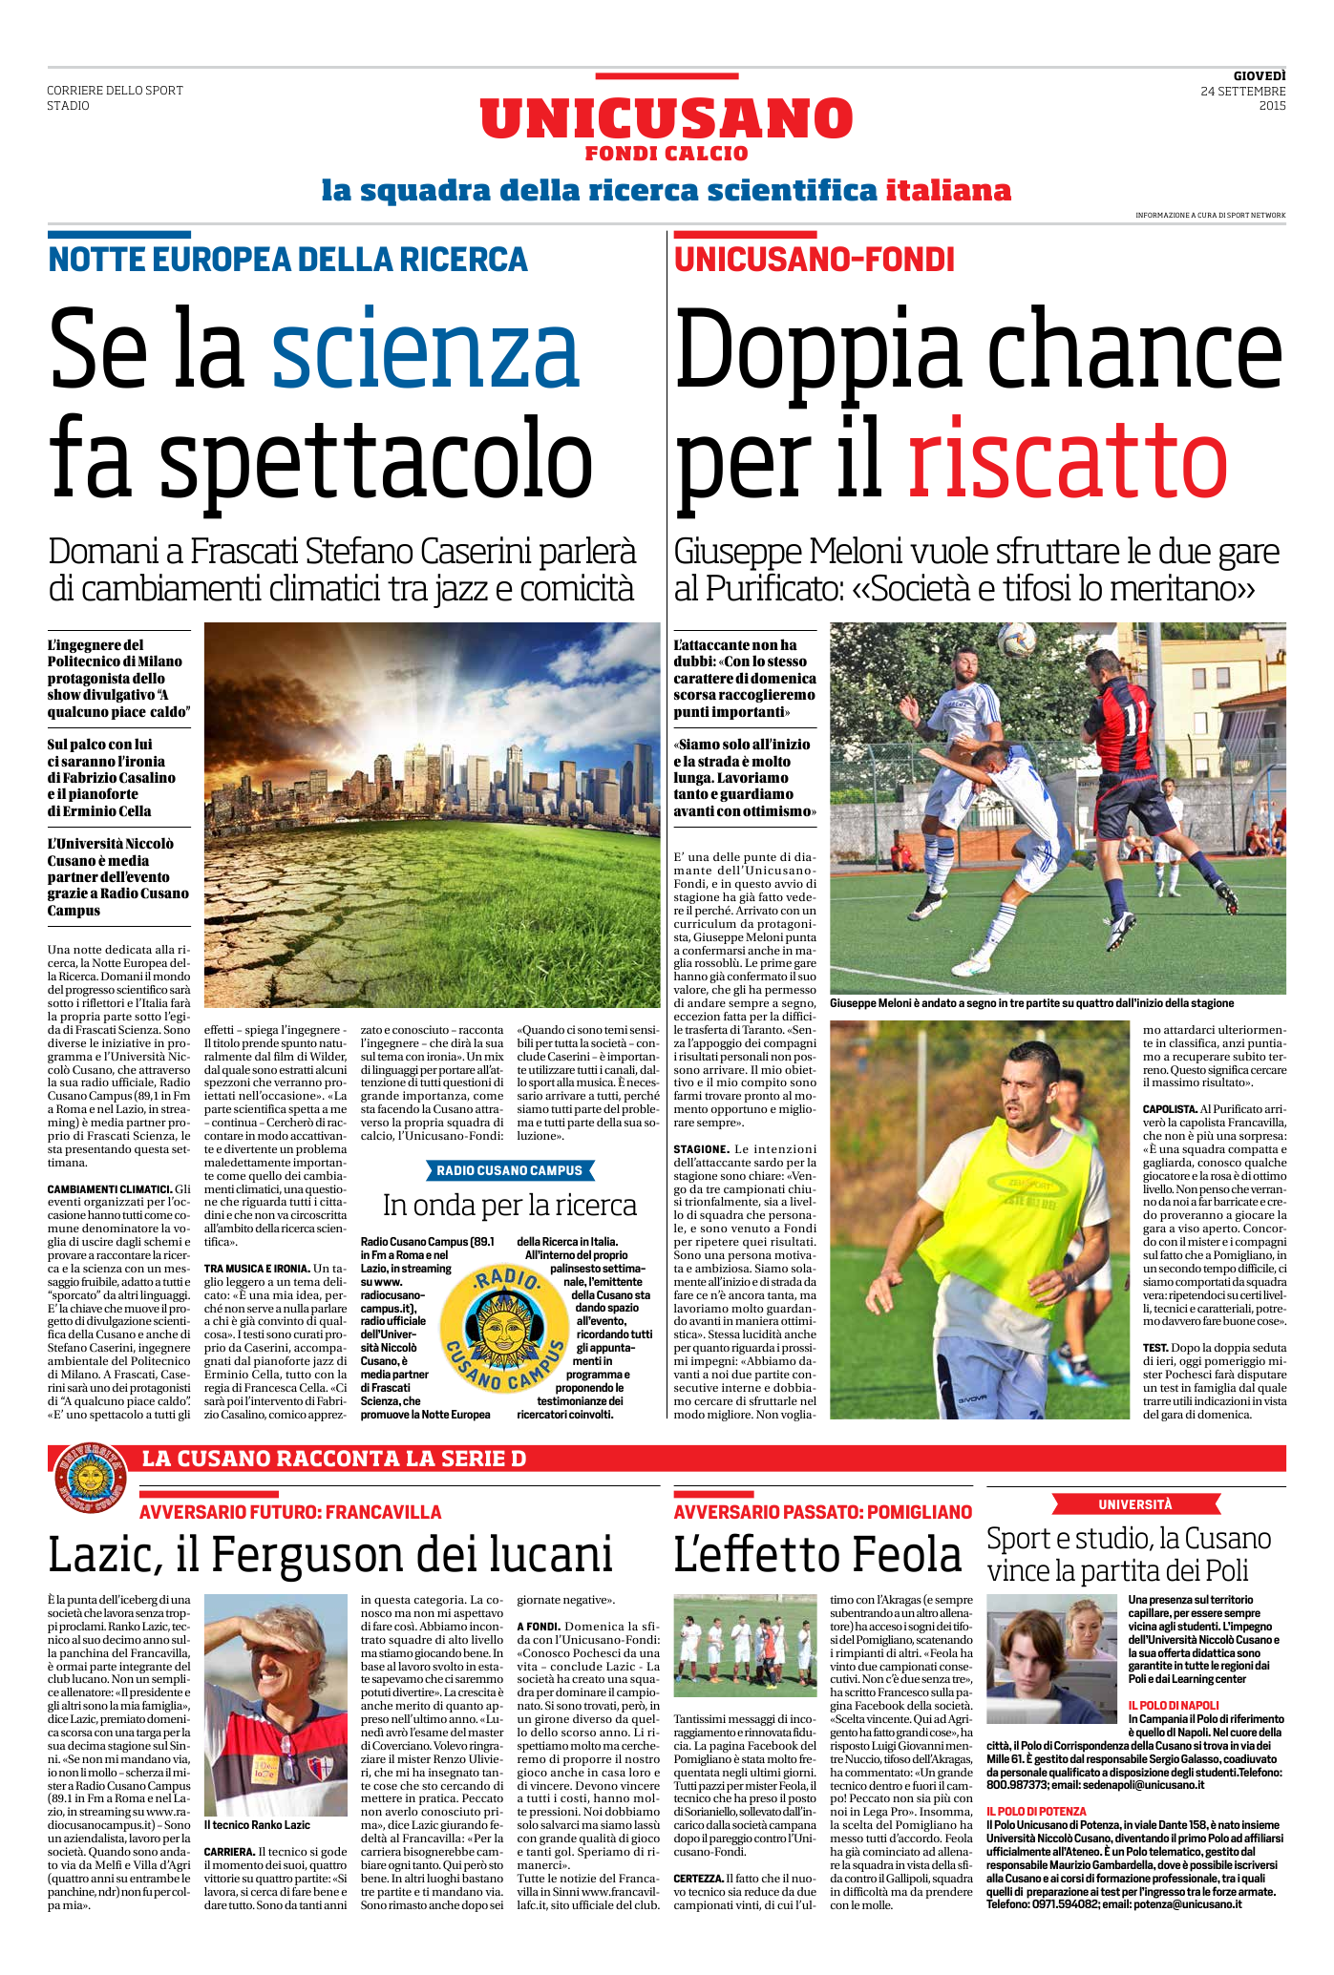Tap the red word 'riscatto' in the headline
(1067, 460)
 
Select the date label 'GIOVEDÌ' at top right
(1259, 75)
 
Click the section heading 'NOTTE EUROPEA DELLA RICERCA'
(287, 260)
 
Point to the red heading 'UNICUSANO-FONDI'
(814, 260)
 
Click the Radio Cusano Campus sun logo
(503, 1328)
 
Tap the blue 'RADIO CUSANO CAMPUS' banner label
(509, 1170)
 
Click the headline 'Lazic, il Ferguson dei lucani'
(329, 1555)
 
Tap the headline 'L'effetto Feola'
(817, 1555)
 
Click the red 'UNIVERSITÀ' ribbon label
(1134, 1504)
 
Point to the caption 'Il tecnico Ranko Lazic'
(257, 1824)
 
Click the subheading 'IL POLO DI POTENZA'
(1036, 1811)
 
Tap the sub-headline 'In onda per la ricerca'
(509, 1206)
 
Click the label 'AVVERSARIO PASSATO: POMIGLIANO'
(822, 1512)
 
